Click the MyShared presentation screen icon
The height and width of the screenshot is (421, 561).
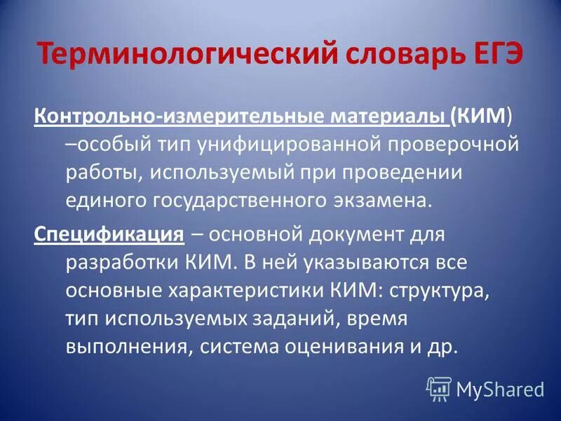(x=439, y=388)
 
